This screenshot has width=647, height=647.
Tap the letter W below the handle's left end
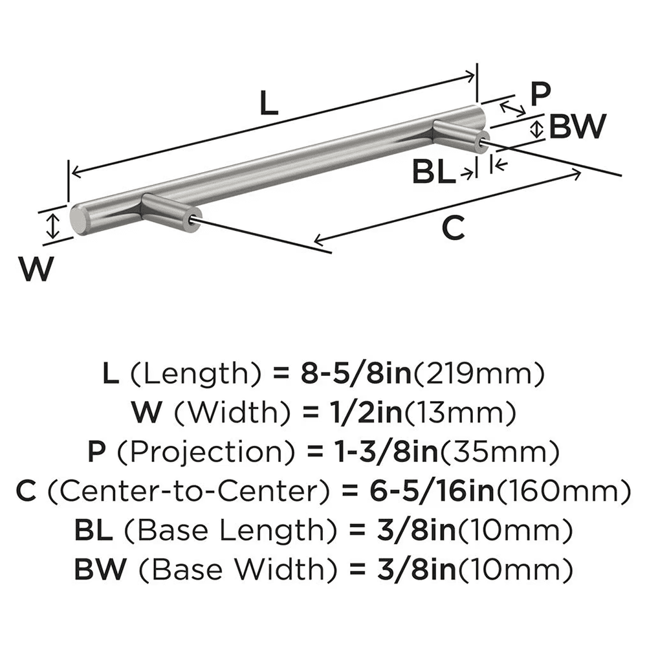pos(36,269)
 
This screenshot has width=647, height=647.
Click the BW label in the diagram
pos(577,127)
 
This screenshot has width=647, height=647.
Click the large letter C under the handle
pos(452,228)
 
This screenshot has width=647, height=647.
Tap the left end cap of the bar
pos(78,220)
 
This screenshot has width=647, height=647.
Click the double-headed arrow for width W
pos(54,226)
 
